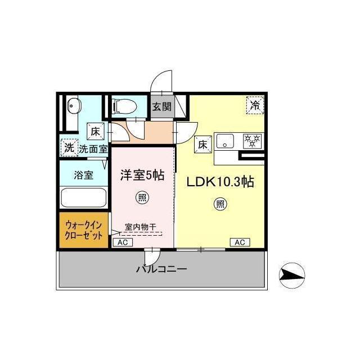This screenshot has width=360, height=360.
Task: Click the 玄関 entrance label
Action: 162,106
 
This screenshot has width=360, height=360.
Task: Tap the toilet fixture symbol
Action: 124,106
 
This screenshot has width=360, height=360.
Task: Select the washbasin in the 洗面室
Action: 74,106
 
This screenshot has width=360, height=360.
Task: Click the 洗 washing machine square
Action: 69,147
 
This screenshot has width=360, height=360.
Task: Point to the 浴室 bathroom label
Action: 84,175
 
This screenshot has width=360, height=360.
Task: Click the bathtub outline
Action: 84,197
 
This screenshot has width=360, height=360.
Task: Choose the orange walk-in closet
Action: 84,230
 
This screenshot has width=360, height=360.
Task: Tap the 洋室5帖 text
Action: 142,175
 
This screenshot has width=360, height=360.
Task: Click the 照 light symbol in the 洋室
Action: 142,197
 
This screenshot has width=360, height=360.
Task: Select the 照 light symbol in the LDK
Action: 220,204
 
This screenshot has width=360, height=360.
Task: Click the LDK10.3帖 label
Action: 220,182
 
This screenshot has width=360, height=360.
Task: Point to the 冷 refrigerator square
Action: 255,105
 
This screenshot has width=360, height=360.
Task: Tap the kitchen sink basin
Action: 225,141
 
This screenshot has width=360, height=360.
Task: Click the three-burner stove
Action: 253,141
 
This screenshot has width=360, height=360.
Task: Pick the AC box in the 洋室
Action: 123,242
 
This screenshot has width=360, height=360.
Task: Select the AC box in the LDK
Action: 240,242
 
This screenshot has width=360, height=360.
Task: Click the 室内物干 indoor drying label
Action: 141,227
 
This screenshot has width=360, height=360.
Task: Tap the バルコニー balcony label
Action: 161,269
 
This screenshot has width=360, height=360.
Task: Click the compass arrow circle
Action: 292,275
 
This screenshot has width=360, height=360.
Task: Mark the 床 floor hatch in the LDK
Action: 203,145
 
